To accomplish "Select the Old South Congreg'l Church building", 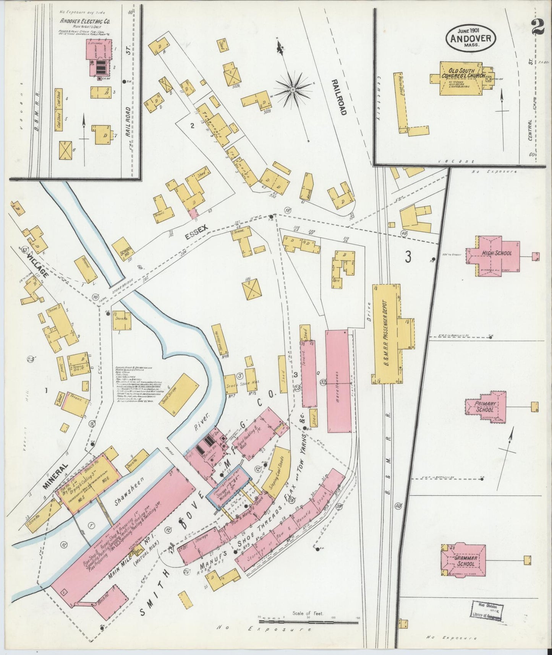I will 463,78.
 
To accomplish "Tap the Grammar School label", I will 465,561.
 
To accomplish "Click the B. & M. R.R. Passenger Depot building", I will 387,334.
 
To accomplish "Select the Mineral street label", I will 55,476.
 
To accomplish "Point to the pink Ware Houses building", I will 338,381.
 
